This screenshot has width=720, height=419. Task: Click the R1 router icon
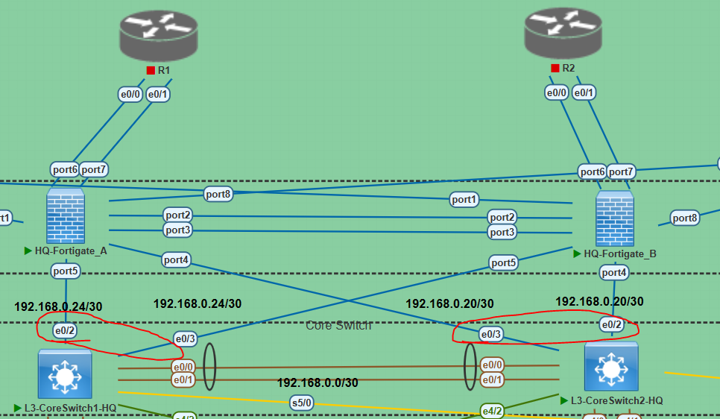click(x=160, y=34)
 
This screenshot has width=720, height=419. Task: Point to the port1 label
click(x=463, y=199)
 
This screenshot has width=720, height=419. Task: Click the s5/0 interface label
click(x=302, y=403)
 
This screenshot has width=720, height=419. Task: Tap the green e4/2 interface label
click(x=491, y=410)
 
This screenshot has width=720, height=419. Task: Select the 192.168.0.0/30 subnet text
click(x=318, y=382)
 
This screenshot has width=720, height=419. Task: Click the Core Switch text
click(x=338, y=325)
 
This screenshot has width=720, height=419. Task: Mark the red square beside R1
click(x=151, y=70)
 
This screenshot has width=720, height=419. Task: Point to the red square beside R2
click(x=555, y=68)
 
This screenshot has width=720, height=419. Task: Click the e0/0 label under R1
click(x=130, y=95)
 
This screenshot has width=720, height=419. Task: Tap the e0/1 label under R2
click(x=584, y=92)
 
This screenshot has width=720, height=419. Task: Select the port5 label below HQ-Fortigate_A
click(x=66, y=271)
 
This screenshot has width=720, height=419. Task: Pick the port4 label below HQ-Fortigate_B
click(x=614, y=273)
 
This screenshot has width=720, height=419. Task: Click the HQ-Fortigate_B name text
click(x=620, y=253)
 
